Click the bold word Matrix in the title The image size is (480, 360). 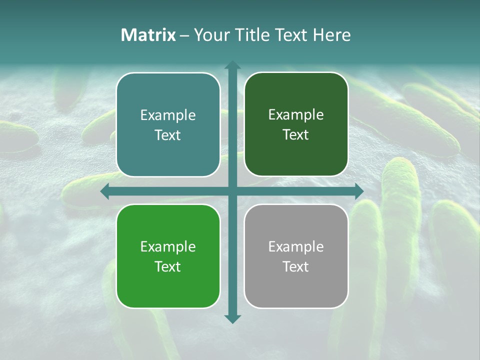148,35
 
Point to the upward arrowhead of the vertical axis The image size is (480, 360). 232,64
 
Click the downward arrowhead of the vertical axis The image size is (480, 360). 232,319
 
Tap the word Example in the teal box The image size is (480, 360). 168,115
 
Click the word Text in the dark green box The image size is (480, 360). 296,134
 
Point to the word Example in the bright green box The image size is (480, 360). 168,246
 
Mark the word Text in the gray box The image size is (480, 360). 296,266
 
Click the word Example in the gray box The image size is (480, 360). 296,246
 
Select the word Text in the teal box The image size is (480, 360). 168,135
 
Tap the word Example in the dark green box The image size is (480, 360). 296,114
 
